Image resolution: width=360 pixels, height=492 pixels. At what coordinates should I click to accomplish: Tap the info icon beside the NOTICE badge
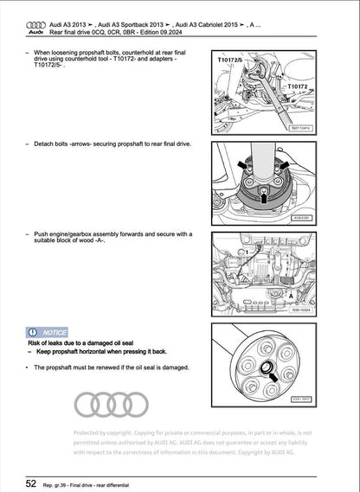coord(34,331)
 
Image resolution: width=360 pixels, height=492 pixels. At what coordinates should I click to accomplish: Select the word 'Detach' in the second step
coord(43,144)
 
